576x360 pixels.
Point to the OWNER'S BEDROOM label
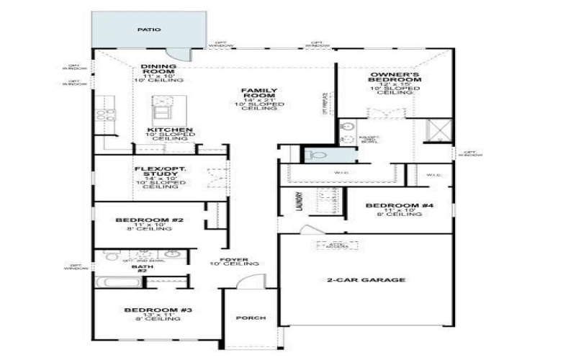pyautogui.click(x=395, y=79)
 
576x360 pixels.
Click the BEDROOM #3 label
pyautogui.click(x=157, y=310)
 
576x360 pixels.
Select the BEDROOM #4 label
pyautogui.click(x=400, y=206)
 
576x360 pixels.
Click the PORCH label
pyautogui.click(x=251, y=318)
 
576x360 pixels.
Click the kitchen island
pyautogui.click(x=161, y=110)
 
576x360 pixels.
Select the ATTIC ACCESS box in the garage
pyautogui.click(x=328, y=246)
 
